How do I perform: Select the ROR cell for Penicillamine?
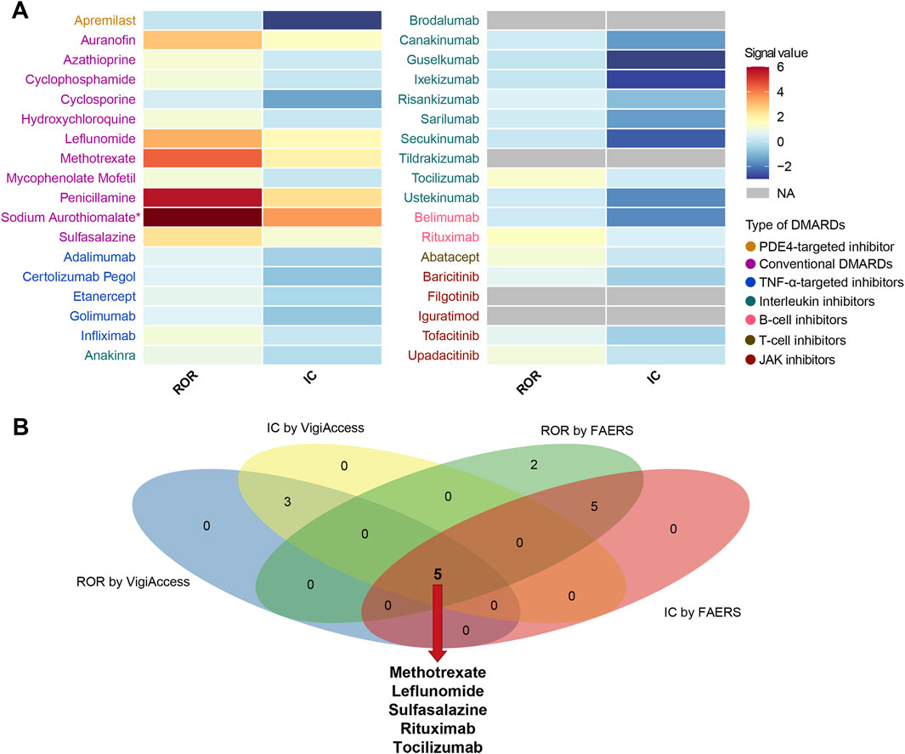point(201,197)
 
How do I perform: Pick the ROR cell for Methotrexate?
point(201,157)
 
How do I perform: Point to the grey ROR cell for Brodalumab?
point(546,20)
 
